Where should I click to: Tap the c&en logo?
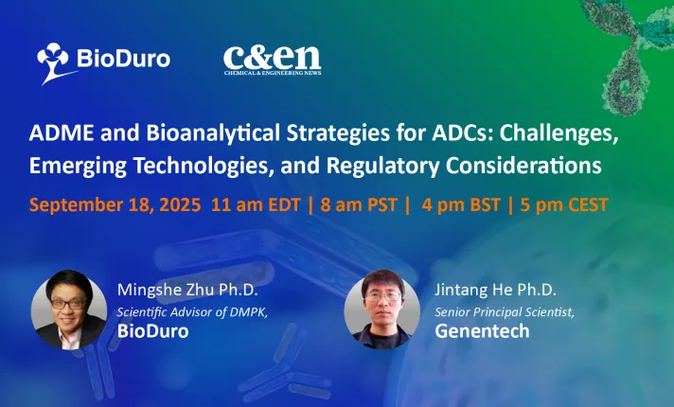point(272,61)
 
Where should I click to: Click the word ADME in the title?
point(61,133)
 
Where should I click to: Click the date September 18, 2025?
point(115,205)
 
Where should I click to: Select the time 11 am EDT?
point(256,205)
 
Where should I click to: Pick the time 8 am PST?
point(359,205)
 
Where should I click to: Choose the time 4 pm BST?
point(461,205)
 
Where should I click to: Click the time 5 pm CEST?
point(564,205)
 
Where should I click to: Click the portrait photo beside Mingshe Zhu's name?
point(69,310)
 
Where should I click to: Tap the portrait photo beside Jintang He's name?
point(382,309)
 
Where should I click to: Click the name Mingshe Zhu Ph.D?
point(187,290)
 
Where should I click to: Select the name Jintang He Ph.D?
point(495,290)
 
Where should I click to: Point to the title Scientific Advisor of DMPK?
point(192,312)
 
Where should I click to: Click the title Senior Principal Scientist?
point(505,312)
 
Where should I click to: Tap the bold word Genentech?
point(482,331)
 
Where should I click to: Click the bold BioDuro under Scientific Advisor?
point(153,331)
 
